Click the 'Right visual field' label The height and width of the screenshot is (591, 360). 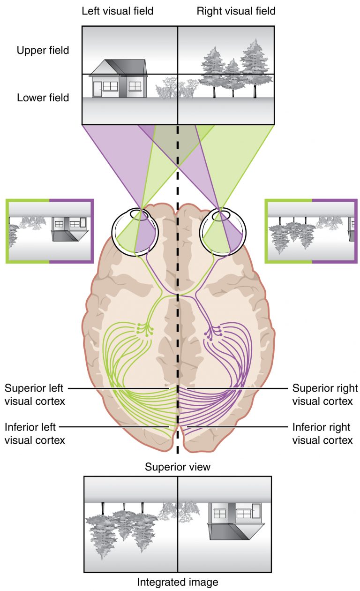pyautogui.click(x=236, y=11)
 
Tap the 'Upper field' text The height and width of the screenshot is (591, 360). pyautogui.click(x=43, y=50)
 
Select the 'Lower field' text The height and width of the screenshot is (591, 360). pyautogui.click(x=43, y=98)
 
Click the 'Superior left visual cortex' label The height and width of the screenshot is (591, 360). pyautogui.click(x=35, y=395)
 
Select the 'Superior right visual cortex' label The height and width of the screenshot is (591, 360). pyautogui.click(x=324, y=395)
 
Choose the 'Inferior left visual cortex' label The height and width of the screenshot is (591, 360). pyautogui.click(x=35, y=433)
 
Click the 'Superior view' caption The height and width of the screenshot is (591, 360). pyautogui.click(x=178, y=467)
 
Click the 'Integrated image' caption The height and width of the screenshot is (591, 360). pyautogui.click(x=178, y=582)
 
